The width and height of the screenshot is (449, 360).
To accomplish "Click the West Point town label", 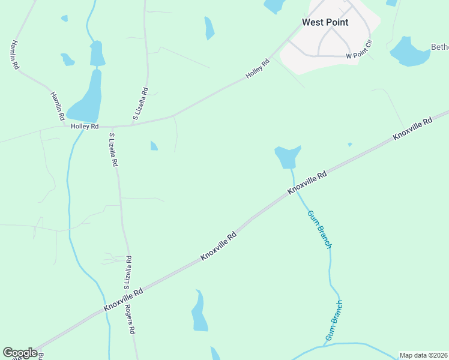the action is click(325, 22).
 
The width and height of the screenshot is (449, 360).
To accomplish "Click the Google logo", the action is click(20, 353).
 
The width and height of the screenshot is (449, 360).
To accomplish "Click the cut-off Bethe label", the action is click(440, 47).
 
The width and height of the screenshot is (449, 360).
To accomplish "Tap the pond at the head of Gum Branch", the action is click(287, 157).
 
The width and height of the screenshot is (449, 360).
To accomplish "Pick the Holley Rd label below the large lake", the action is click(84, 127).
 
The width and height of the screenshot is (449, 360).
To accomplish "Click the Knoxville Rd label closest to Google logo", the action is click(122, 298).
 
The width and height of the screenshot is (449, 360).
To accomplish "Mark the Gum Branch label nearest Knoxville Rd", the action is click(319, 229).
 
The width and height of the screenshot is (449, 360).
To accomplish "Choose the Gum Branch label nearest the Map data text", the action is click(334, 320).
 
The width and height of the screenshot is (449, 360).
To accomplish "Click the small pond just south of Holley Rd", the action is click(154, 146).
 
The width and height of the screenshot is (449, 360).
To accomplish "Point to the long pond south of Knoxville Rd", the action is click(199, 312).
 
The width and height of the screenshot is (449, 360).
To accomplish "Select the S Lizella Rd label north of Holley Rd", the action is click(140, 103).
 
